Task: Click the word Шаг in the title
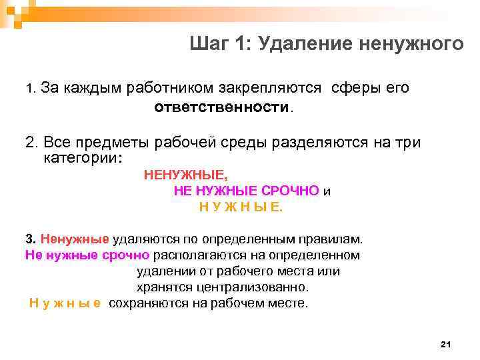click(208, 44)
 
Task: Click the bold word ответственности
click(222, 107)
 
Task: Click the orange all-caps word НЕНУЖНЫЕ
click(185, 175)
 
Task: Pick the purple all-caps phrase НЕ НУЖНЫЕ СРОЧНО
click(246, 191)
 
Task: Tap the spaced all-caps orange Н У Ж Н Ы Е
click(241, 207)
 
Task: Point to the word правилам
click(333, 239)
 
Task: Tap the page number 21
click(446, 344)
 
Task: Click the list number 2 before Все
click(30, 143)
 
